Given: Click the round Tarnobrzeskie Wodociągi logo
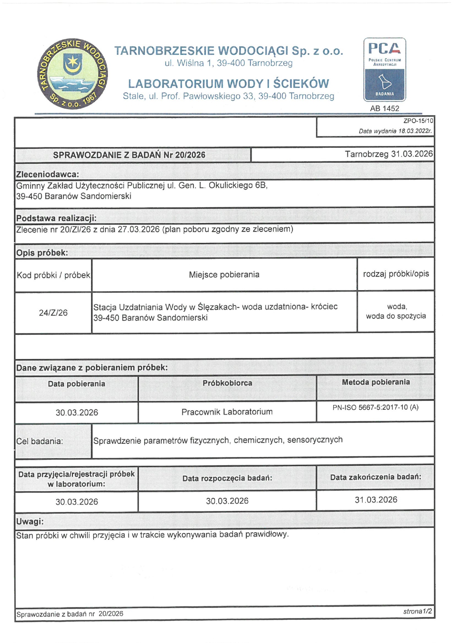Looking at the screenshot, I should tap(72, 74).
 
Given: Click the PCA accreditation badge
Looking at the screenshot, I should tap(385, 69).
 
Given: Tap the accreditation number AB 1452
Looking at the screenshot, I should tap(385, 108).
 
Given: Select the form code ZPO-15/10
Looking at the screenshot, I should tap(418, 121).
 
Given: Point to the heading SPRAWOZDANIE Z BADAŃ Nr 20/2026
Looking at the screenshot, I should tap(129, 155).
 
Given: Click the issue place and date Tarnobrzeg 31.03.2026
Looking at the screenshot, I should tap(389, 154).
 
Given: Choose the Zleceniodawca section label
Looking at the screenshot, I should tap(48, 174).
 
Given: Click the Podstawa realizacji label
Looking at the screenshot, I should tap(56, 218).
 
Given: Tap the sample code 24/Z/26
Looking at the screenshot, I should tap(53, 313).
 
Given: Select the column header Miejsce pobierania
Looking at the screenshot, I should tap(224, 275).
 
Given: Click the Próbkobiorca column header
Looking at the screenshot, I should tap(227, 383).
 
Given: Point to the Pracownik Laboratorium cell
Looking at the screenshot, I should tap(227, 412).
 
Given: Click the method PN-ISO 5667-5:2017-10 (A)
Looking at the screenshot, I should tap(375, 407).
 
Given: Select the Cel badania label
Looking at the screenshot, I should tap(40, 441).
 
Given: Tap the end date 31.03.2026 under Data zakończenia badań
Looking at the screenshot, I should tap(376, 500).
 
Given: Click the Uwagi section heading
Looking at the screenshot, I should tap(30, 521).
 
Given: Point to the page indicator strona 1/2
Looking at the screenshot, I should tap(418, 611).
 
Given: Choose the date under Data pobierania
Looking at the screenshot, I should tap(77, 412).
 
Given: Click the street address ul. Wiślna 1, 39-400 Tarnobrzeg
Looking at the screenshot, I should tap(228, 63).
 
